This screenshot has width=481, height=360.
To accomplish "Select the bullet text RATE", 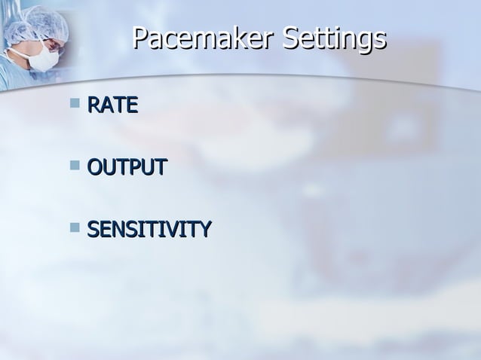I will [x=112, y=105].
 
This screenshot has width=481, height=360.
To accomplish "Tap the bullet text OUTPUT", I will [x=126, y=166].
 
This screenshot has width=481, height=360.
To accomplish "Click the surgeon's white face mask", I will [x=47, y=57].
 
